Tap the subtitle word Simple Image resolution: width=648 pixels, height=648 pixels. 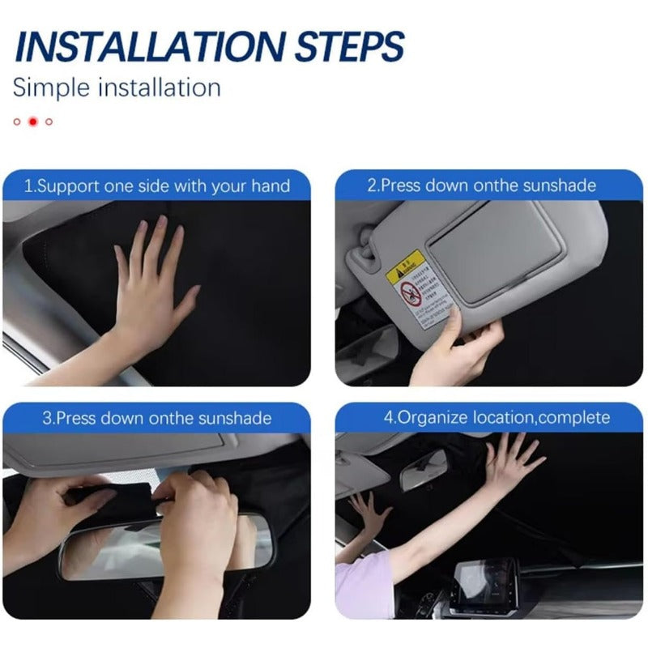[50, 87]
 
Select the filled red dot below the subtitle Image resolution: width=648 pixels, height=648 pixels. [33, 122]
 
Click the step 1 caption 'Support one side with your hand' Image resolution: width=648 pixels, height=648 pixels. [156, 186]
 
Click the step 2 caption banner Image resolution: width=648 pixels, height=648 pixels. [489, 185]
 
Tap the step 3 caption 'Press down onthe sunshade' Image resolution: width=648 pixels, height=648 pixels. [156, 419]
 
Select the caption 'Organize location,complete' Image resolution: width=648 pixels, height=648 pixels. [497, 418]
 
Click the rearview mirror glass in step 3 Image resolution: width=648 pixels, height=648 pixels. [162, 547]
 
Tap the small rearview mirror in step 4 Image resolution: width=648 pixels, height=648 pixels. [423, 470]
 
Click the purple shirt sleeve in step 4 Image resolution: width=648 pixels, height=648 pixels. [364, 587]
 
